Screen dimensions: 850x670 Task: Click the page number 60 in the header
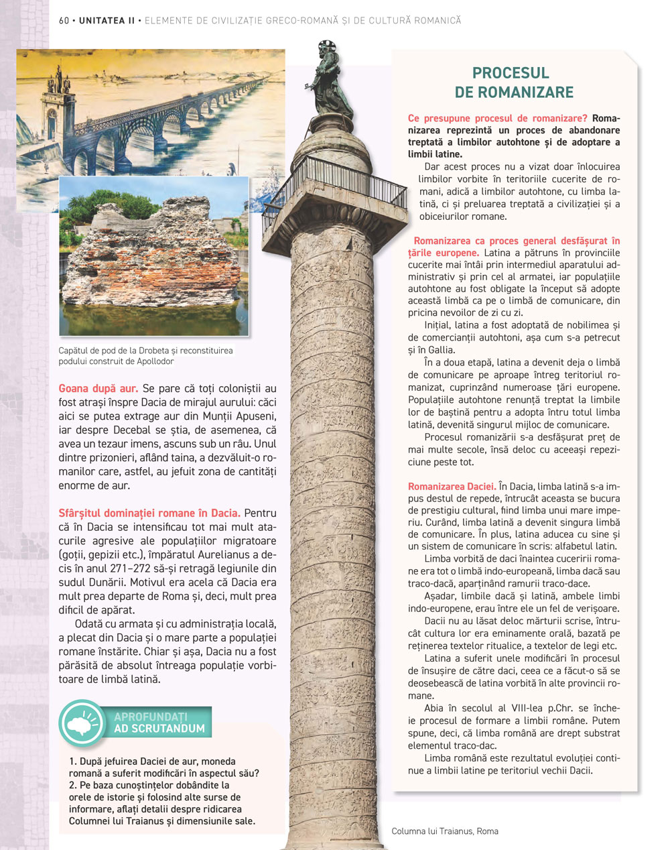pyautogui.click(x=64, y=21)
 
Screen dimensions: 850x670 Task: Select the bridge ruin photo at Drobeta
pyautogui.click(x=153, y=256)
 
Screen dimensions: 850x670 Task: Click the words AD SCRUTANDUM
pyautogui.click(x=159, y=729)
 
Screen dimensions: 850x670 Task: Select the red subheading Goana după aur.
pyautogui.click(x=98, y=388)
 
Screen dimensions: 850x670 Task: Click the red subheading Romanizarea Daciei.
pyautogui.click(x=452, y=487)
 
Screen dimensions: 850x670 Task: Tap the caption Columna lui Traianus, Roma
pyautogui.click(x=445, y=831)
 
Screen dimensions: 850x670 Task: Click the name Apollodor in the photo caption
pyautogui.click(x=151, y=361)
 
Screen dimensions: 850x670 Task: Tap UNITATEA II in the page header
pyautogui.click(x=107, y=21)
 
